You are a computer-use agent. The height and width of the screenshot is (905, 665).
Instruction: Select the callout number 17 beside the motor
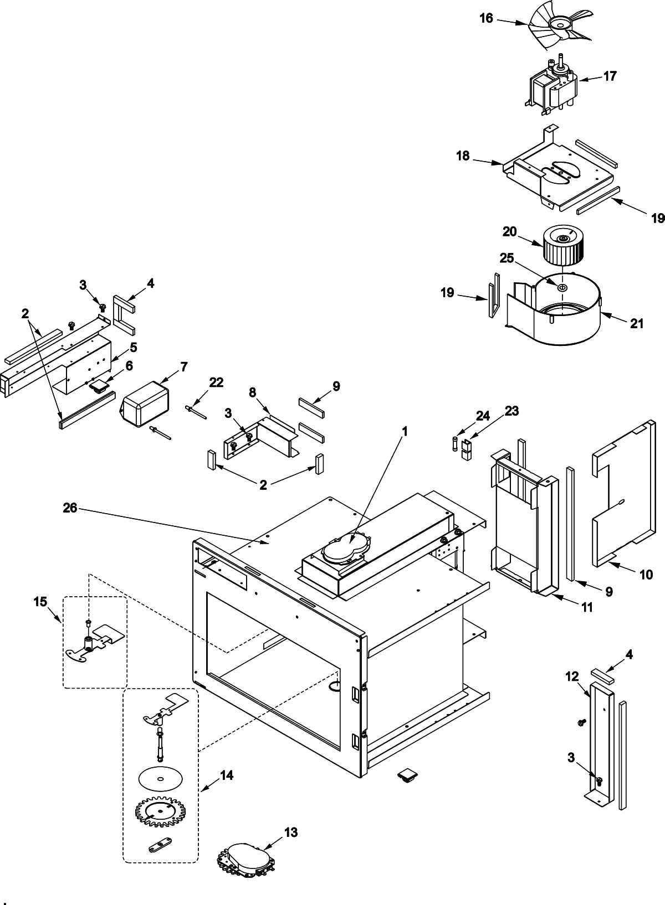pyautogui.click(x=610, y=76)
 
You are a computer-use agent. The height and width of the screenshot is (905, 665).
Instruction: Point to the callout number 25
pyautogui.click(x=507, y=258)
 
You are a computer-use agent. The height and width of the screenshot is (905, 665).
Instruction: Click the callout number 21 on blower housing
pyautogui.click(x=637, y=323)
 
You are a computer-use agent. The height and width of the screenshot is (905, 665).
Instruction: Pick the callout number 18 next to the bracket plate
pyautogui.click(x=463, y=156)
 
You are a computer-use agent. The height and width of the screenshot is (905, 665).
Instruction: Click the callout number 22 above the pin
pyautogui.click(x=216, y=382)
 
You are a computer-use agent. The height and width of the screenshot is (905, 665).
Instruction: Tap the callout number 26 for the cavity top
pyautogui.click(x=70, y=507)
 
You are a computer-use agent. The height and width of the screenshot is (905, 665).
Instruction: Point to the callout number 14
pyautogui.click(x=226, y=775)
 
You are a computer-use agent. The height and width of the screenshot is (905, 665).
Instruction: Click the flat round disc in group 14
pyautogui.click(x=161, y=779)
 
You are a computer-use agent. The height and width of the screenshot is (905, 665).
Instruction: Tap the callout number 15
pyautogui.click(x=40, y=601)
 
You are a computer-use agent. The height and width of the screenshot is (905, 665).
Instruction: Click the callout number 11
pyautogui.click(x=587, y=607)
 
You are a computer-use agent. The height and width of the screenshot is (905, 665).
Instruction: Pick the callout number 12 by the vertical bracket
pyautogui.click(x=572, y=676)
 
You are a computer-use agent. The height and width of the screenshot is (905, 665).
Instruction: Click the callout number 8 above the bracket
pyautogui.click(x=252, y=392)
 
